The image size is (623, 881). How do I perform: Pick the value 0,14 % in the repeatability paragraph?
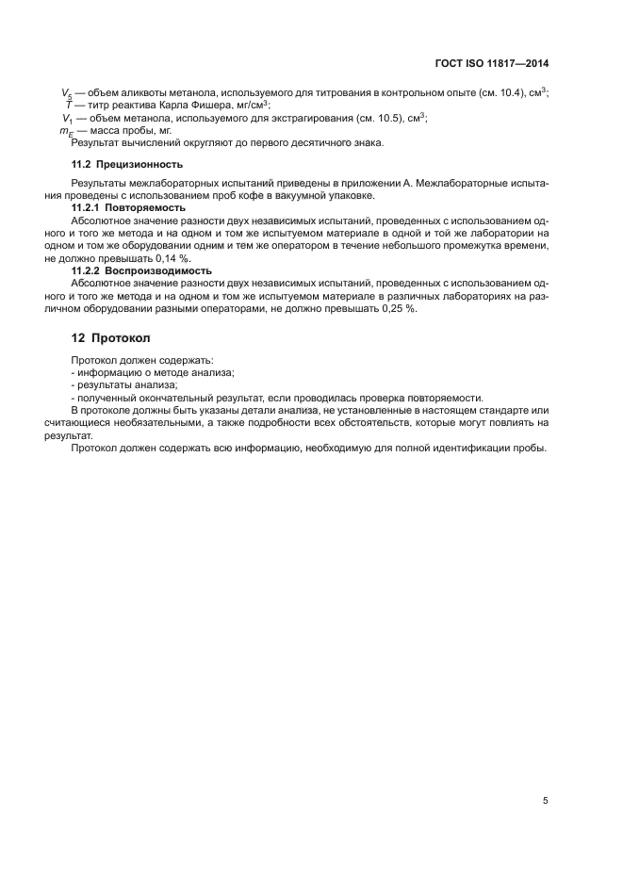(172, 257)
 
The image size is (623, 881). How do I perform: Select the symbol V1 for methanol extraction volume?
(67, 119)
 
